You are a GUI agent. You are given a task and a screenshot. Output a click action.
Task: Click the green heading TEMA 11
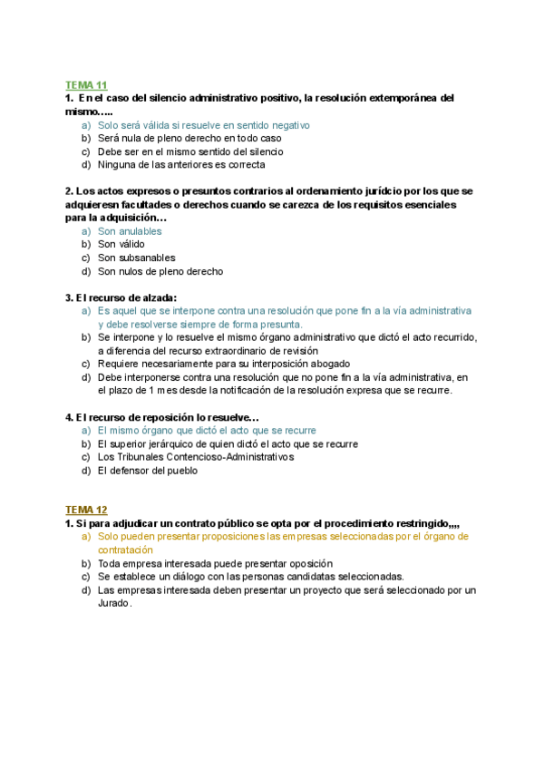[x=86, y=84]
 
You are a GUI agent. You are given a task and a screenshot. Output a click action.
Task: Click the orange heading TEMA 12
[x=86, y=510]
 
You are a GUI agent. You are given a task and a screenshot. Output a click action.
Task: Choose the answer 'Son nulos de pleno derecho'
[x=160, y=271]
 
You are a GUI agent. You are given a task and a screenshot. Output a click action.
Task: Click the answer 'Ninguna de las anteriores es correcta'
[x=181, y=165]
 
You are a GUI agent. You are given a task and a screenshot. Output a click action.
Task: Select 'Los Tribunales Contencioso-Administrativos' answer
[x=196, y=457]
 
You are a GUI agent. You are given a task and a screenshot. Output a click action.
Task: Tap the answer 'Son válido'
[x=121, y=244]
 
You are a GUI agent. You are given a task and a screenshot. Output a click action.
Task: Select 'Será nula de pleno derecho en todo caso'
[x=189, y=138]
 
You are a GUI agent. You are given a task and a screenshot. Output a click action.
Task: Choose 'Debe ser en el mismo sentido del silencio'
[x=189, y=151]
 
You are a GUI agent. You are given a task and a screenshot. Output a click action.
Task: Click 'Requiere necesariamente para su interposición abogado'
[x=219, y=364]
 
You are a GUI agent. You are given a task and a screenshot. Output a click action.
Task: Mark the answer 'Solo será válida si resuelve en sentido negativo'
[x=203, y=125]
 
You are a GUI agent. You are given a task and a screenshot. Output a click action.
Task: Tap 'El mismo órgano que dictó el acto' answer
[x=206, y=430]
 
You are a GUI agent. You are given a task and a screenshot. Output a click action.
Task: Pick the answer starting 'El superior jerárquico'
[x=227, y=443]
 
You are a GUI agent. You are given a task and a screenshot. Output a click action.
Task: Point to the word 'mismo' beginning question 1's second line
[x=79, y=111]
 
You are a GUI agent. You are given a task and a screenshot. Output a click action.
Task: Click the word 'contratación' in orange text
[x=125, y=550]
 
